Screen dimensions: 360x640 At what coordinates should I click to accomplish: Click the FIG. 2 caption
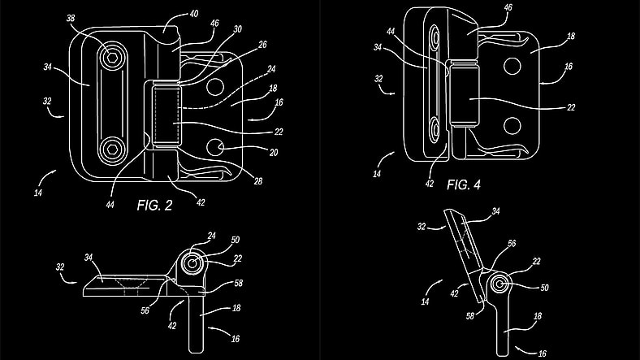[154, 205]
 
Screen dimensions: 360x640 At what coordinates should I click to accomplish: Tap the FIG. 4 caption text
[463, 184]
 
